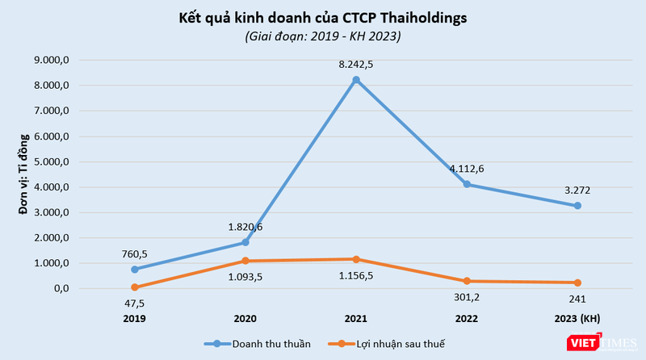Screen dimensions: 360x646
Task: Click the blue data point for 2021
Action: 356,79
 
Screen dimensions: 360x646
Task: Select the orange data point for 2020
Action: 245,261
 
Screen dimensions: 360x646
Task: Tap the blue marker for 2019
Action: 135,269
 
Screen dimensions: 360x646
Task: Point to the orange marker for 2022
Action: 467,281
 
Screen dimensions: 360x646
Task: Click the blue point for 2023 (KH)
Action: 577,206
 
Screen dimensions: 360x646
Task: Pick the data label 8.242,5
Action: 356,63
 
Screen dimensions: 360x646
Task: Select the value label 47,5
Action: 135,303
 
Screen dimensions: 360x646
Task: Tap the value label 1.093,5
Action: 245,277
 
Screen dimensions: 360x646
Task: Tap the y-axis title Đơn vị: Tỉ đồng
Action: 27,174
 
